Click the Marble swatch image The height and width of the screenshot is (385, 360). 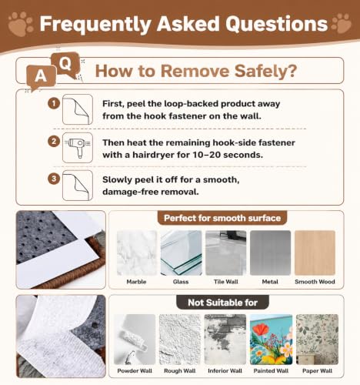137,253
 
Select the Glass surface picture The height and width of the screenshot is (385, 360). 181,253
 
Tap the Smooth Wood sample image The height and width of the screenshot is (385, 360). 315,253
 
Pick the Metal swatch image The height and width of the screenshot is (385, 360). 270,253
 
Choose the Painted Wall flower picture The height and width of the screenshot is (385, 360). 271,340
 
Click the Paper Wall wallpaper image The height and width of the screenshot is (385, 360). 317,340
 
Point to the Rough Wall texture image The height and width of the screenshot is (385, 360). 180,340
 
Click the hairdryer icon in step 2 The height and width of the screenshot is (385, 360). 78,148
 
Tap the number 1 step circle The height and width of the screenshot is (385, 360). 54,103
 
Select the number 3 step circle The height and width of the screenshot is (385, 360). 54,179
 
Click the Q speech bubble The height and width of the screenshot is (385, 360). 65,65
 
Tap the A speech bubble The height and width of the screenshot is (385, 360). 41,77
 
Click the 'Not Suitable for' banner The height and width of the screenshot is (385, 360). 222,303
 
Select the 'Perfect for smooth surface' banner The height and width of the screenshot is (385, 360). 222,218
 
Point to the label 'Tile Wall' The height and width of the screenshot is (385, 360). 226,282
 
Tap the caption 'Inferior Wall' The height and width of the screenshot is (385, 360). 225,370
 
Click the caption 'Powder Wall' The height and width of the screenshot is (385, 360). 135,370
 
